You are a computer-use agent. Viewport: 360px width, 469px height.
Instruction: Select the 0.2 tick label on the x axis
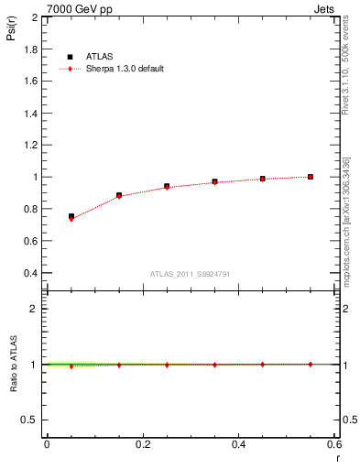(142, 443)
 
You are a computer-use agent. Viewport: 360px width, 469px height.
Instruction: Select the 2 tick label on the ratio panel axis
(34, 309)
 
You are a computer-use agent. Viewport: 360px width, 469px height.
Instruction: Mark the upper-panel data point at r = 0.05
(71, 217)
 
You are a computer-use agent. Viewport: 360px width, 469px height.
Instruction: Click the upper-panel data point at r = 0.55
(311, 177)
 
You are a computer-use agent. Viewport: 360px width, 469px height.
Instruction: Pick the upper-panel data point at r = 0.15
(119, 195)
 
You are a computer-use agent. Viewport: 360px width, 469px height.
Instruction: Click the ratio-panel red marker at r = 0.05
(71, 365)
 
